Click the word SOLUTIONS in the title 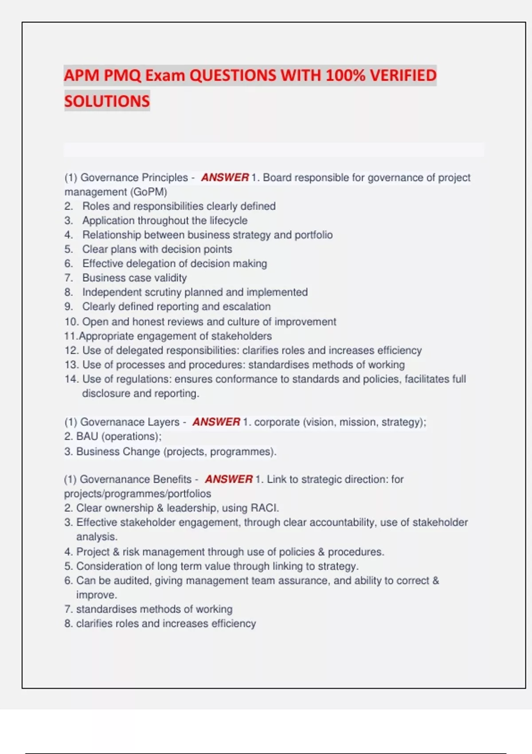[107, 101]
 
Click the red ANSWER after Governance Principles [225, 177]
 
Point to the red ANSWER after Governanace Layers [216, 422]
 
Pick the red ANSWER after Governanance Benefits [229, 479]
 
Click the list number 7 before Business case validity [68, 278]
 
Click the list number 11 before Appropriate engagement [70, 336]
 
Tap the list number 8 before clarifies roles [68, 624]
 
